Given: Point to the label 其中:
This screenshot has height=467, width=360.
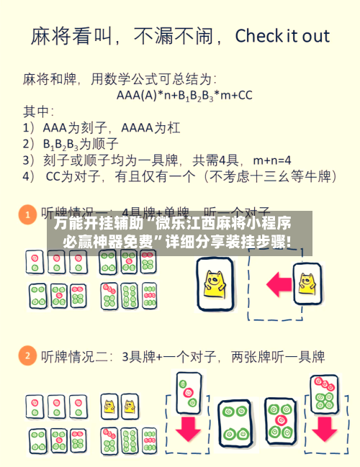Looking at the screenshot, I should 38,111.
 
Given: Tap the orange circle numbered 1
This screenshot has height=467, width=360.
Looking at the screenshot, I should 27,214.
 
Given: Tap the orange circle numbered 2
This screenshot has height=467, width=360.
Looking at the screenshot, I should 27,355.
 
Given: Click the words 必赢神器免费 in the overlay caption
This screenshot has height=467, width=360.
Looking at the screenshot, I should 105,242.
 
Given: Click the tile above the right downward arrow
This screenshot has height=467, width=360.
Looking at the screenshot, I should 323,392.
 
